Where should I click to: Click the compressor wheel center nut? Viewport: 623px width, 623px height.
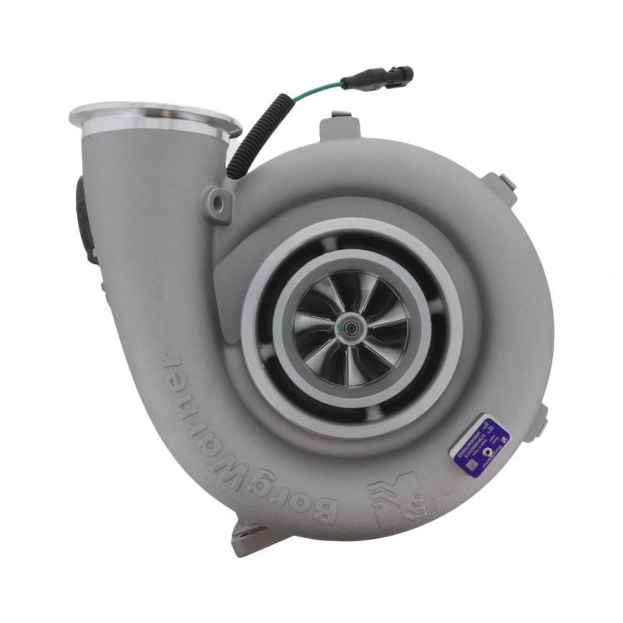pyautogui.click(x=343, y=327)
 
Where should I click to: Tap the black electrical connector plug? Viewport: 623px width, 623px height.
pyautogui.click(x=385, y=77)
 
